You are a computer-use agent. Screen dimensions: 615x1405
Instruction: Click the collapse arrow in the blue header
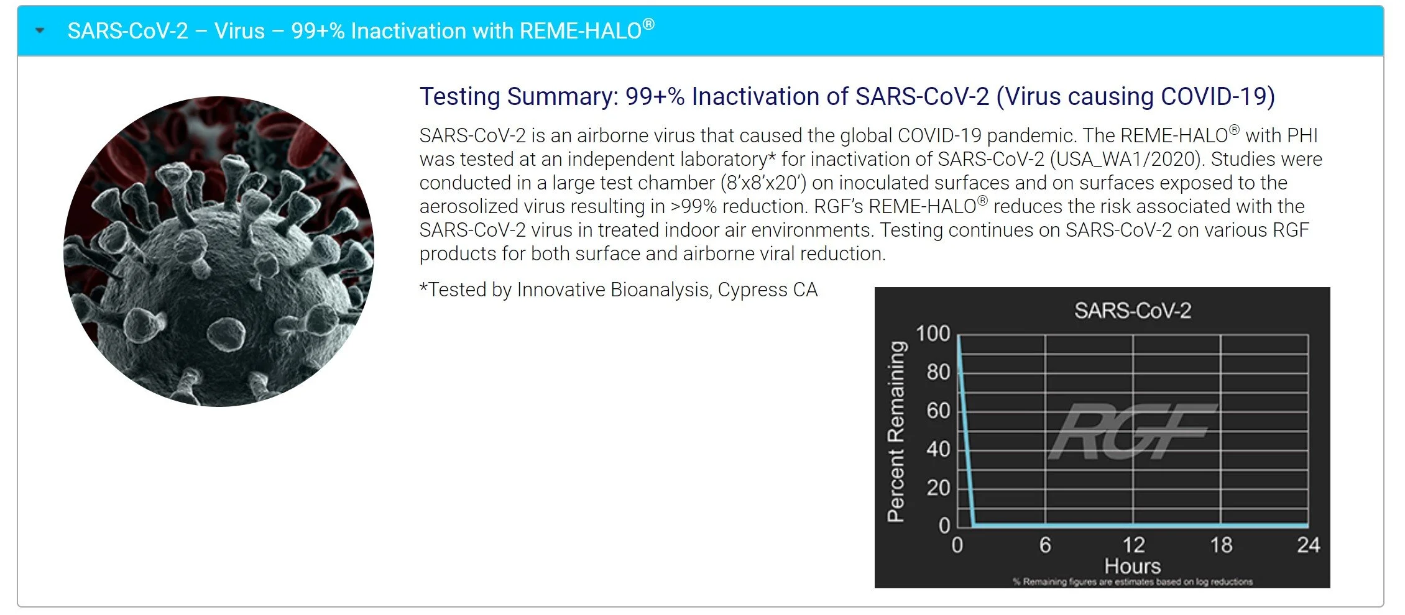(40, 30)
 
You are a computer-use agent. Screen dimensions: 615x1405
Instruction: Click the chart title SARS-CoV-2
(1133, 311)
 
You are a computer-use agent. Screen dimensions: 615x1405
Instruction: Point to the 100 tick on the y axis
(933, 334)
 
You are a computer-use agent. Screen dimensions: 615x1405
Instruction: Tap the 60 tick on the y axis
(938, 411)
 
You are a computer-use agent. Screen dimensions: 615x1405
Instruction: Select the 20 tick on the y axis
(938, 488)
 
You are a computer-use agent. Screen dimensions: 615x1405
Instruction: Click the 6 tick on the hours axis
(1045, 545)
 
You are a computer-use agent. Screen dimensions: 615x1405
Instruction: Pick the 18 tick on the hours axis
(1221, 545)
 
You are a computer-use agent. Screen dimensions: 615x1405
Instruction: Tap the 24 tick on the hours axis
(1308, 545)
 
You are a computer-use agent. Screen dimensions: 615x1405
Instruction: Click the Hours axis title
(1132, 566)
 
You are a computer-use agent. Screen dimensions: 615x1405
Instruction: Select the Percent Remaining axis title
(895, 431)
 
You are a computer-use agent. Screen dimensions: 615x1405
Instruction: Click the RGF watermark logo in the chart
(1131, 431)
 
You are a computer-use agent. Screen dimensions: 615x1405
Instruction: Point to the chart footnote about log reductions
(1132, 582)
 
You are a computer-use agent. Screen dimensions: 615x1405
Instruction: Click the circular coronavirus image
(219, 252)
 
